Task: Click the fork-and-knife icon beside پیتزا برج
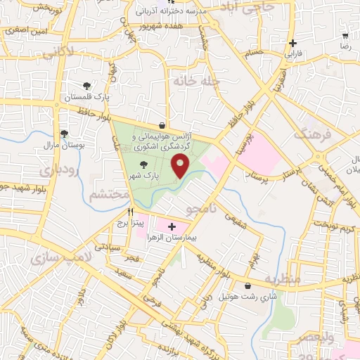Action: (131, 211)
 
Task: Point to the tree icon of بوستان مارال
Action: (64, 133)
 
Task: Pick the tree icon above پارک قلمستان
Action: (86, 86)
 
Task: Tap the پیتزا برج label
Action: (131, 223)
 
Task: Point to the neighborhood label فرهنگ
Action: (311, 133)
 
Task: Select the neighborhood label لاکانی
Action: (59, 53)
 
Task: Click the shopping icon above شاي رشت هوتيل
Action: (249, 286)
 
